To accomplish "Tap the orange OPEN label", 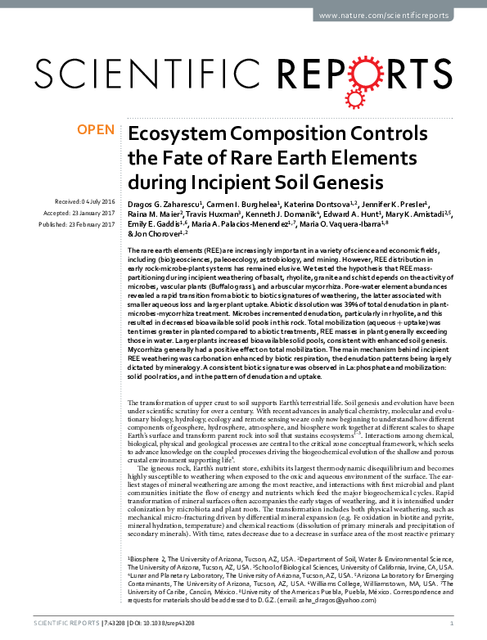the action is point(95,130).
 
